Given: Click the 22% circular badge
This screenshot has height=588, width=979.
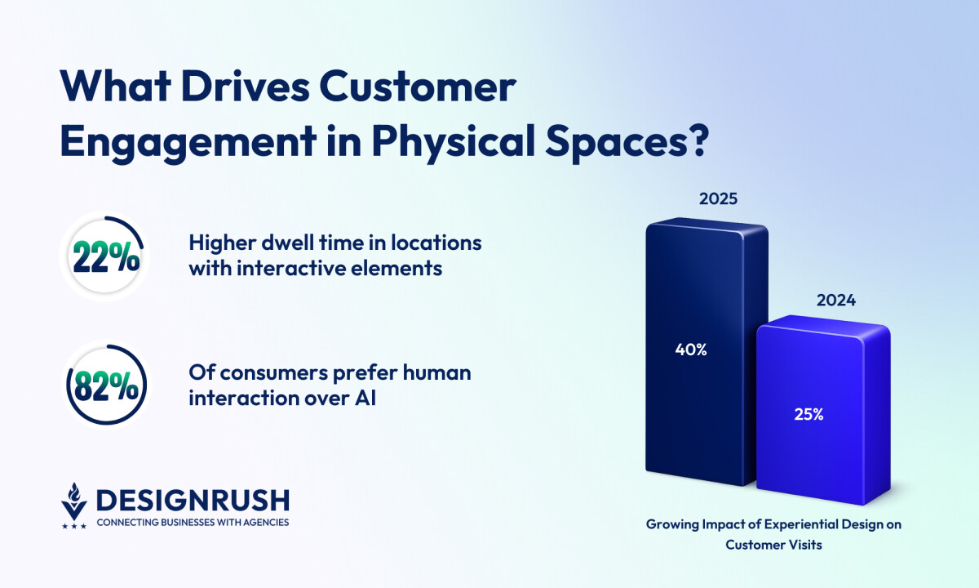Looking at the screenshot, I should (105, 256).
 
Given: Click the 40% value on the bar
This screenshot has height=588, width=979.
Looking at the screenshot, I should (690, 350).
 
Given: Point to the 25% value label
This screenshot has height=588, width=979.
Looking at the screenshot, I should (808, 414).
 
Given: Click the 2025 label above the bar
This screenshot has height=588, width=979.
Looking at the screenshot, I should (717, 198).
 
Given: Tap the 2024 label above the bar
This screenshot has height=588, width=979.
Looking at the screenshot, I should (835, 300).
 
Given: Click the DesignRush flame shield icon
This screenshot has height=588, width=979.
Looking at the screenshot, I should (74, 504).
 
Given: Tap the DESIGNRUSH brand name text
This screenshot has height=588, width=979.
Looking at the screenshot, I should (193, 499).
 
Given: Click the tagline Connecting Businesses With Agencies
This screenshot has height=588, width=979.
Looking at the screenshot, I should (193, 522).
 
